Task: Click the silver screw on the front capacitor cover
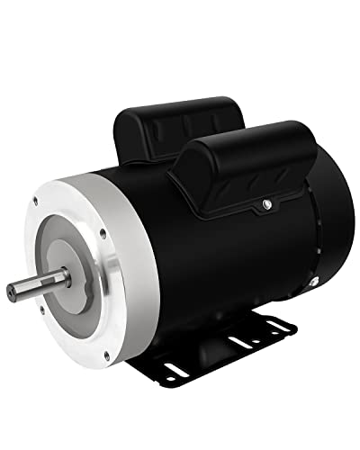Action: (x=266, y=208)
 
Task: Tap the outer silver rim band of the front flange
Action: (x=126, y=297)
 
